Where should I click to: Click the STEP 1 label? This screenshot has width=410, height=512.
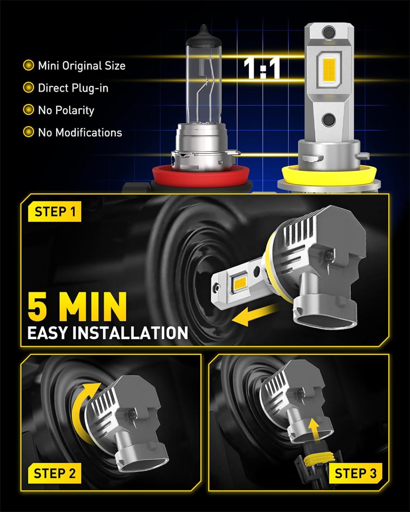pos(55,212)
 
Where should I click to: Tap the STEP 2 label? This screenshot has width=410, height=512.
pos(55,473)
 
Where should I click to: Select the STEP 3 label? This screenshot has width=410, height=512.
pos(355,473)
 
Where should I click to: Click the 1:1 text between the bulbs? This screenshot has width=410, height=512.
pos(262,69)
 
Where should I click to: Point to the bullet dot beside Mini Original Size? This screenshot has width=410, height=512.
pos(28,66)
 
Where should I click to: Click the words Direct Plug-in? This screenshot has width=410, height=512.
pos(73,88)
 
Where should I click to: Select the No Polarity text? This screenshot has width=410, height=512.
pos(66,110)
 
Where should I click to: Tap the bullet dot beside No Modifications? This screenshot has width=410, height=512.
pos(28,132)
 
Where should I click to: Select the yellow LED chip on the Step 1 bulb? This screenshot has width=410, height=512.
pos(240,283)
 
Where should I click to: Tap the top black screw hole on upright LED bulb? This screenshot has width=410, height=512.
pos(329,31)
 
